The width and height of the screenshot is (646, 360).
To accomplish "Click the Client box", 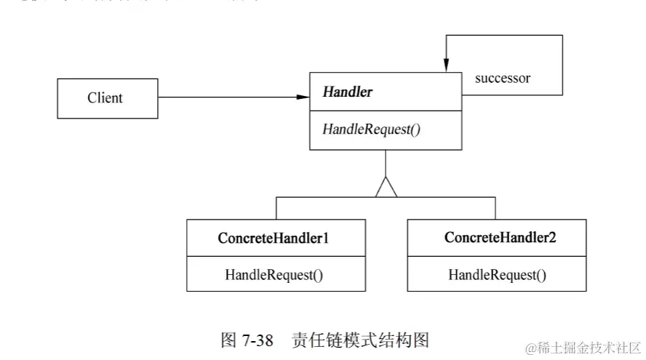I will coord(107,98).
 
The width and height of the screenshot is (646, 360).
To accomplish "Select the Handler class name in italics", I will coord(347,92).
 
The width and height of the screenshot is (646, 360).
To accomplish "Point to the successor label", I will coord(502,79).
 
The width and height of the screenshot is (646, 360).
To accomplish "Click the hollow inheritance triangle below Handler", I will coord(386,188).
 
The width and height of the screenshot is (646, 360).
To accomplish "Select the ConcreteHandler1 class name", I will coord(276,238).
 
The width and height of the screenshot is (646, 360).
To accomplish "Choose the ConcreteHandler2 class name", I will coord(500,238).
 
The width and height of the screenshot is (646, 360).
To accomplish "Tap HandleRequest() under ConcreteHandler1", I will coord(274,275).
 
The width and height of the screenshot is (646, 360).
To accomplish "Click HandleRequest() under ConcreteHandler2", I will coord(497,275).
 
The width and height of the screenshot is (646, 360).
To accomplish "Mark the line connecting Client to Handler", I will coord(226,97).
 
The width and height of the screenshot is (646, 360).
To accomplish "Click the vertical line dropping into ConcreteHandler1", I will coord(276,208).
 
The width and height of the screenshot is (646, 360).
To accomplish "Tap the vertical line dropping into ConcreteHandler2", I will coord(495,208).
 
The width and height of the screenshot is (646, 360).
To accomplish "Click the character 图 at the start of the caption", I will coord(228,340).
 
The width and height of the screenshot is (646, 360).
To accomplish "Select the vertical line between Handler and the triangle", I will coord(386,164).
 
